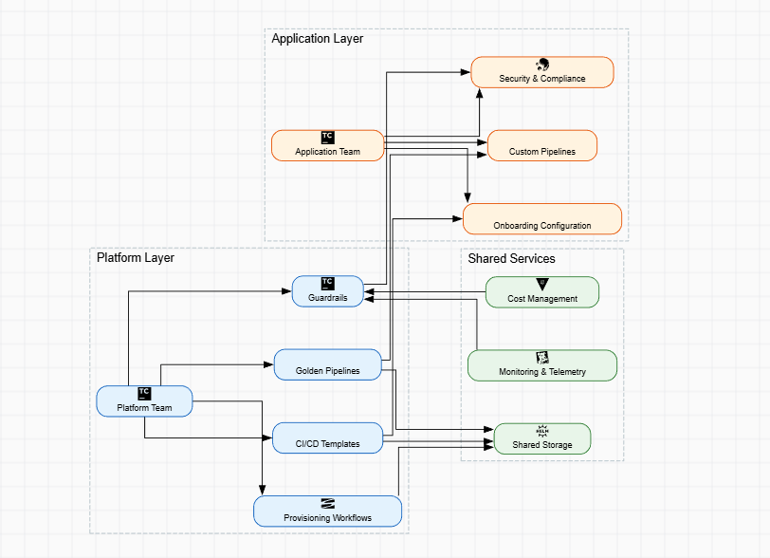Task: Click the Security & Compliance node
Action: pos(542,72)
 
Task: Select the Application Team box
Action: pos(328,145)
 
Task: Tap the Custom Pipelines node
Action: pos(542,145)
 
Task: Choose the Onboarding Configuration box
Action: pos(542,219)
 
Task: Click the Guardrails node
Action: pos(328,291)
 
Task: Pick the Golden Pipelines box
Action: pos(328,364)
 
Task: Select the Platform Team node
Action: pos(145,401)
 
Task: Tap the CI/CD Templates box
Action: pos(328,437)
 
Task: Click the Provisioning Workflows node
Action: pos(328,511)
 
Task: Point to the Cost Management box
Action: pos(542,292)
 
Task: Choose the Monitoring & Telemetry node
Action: pos(542,365)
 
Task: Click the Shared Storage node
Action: pos(542,438)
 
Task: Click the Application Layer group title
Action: pos(317,39)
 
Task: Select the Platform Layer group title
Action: pos(136,257)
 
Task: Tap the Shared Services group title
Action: pos(511,258)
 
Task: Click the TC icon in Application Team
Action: pos(328,137)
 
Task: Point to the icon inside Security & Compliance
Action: pos(542,65)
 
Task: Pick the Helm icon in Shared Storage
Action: pos(542,431)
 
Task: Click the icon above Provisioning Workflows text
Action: pos(328,503)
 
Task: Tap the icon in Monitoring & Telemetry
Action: pos(542,357)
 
